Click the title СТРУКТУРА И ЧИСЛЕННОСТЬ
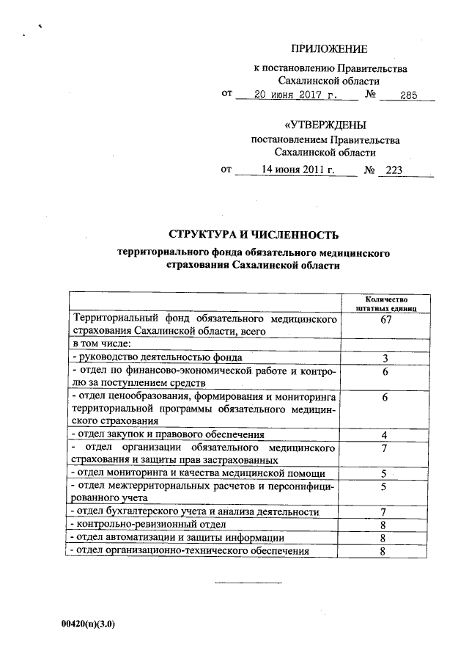tap(254, 235)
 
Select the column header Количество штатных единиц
tap(385, 304)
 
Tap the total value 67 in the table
tap(385, 321)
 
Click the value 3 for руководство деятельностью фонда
tap(385, 357)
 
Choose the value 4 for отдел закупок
tap(385, 435)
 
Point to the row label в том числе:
tap(101, 343)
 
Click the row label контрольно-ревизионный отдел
tap(147, 525)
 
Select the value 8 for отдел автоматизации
tap(383, 538)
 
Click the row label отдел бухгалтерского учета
tap(193, 511)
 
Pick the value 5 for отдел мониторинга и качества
tap(383, 473)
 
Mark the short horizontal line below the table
tap(247, 583)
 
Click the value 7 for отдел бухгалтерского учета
tap(383, 511)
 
